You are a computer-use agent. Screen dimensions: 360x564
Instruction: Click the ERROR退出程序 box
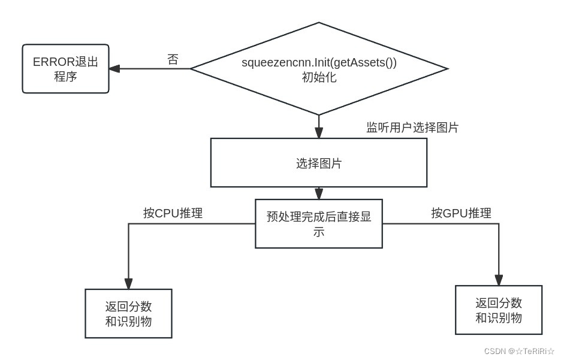click(65, 68)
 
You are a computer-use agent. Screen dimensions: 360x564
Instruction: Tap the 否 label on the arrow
click(173, 60)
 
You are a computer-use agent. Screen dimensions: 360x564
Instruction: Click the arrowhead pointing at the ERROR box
click(114, 68)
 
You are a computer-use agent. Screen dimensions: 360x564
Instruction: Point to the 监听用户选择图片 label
click(412, 128)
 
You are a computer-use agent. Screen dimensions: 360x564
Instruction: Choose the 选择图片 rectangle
click(318, 163)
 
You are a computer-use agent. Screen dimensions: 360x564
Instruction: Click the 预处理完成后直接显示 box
click(318, 223)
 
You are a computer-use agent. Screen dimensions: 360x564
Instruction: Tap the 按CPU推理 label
click(173, 213)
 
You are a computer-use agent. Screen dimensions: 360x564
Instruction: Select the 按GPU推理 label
click(462, 213)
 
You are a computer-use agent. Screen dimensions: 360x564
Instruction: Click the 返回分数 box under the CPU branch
click(128, 313)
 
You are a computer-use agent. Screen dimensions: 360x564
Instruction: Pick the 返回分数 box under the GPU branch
click(499, 309)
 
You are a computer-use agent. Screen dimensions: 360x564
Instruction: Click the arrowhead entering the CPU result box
click(128, 283)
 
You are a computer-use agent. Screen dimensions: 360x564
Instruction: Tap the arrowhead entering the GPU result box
click(499, 279)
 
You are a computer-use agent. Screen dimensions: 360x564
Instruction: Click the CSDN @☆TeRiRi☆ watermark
click(519, 351)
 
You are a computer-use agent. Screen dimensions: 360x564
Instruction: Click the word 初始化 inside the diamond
click(319, 77)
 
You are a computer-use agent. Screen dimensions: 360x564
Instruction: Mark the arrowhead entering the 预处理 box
click(319, 194)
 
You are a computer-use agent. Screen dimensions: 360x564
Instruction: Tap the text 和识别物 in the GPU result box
click(499, 317)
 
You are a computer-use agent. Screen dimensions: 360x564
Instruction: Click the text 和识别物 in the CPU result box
click(128, 322)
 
